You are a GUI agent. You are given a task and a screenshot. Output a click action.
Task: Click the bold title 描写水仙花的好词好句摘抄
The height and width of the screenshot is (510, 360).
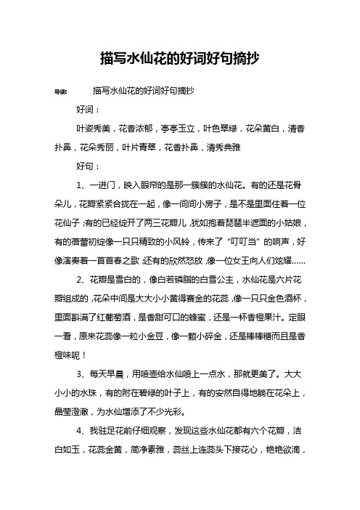[179, 56]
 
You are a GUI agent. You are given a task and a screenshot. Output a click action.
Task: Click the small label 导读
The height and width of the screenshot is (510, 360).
[62, 92]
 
